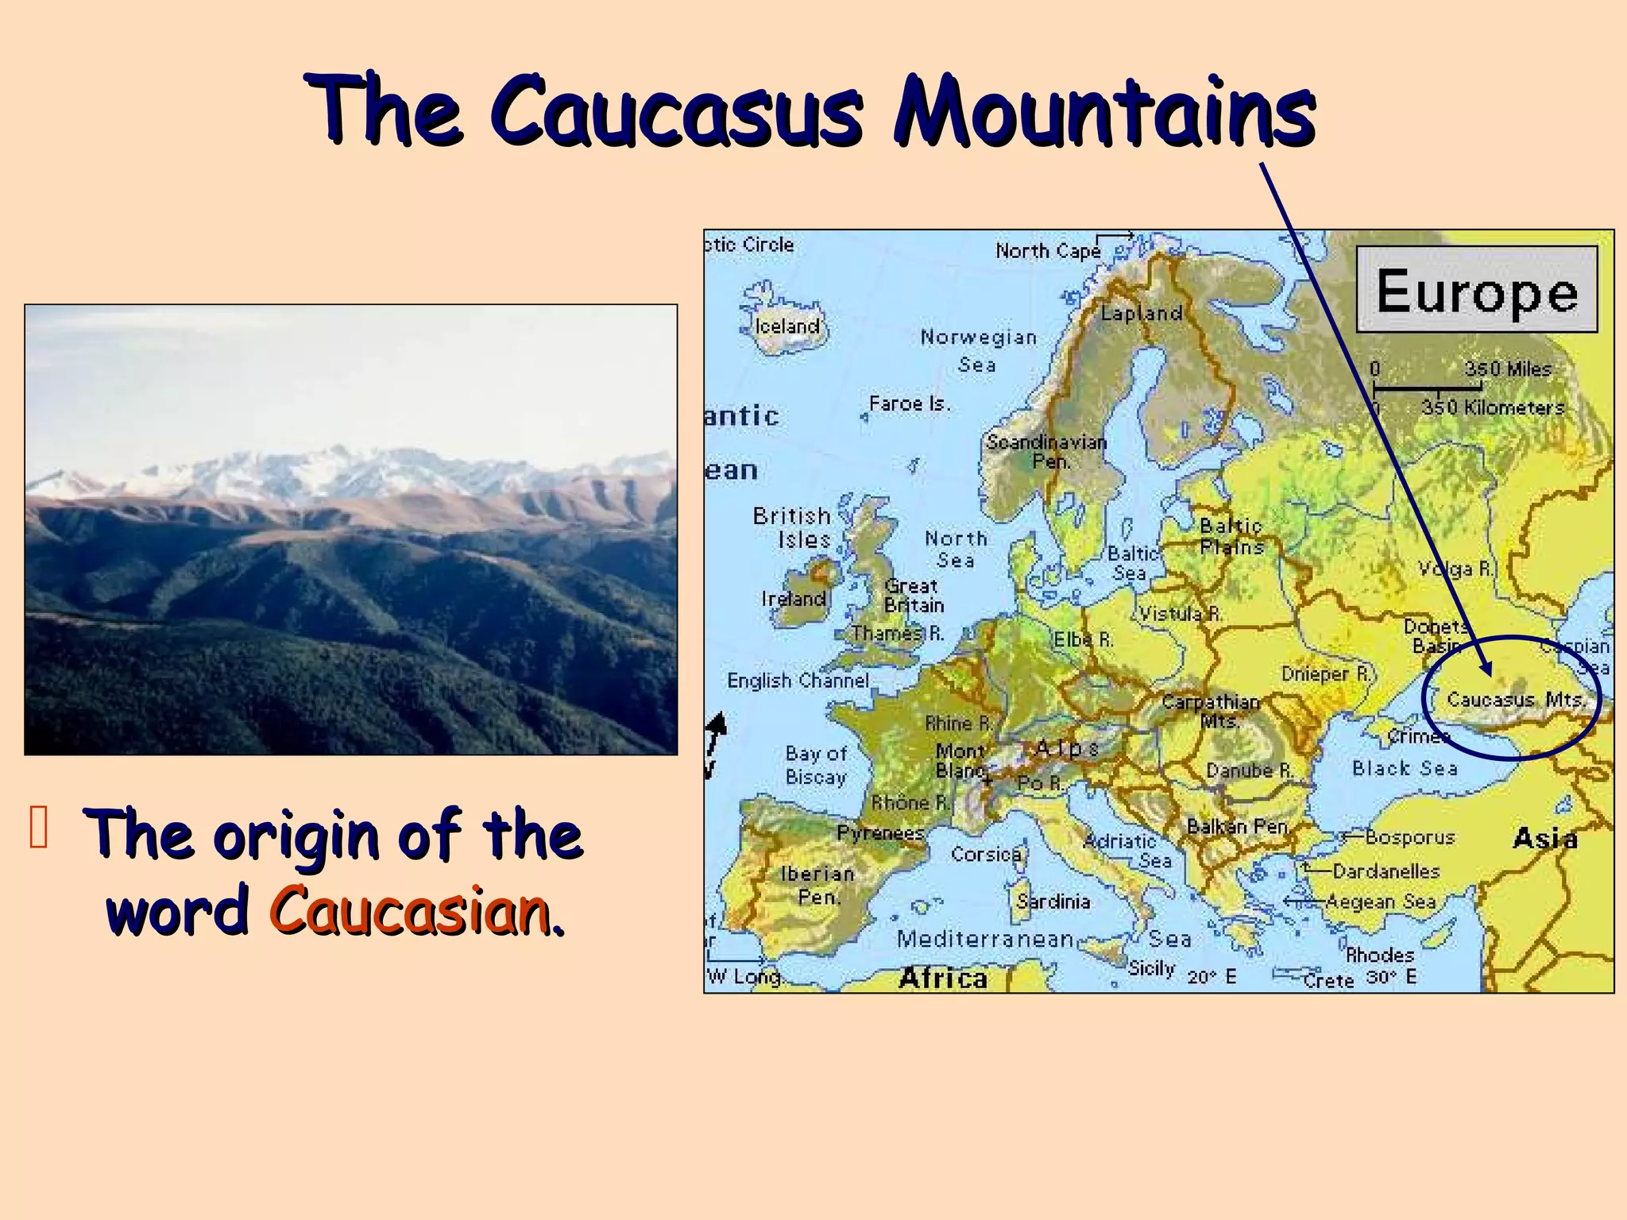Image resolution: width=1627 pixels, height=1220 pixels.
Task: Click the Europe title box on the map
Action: (x=1476, y=289)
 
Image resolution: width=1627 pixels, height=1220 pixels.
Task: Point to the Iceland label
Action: (x=787, y=326)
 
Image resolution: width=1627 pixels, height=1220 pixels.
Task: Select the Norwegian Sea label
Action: (x=979, y=350)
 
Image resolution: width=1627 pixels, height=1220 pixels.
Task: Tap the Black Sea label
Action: (x=1405, y=768)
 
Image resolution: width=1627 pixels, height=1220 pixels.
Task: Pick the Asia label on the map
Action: (x=1544, y=839)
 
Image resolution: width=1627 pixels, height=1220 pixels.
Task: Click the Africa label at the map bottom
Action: (x=943, y=978)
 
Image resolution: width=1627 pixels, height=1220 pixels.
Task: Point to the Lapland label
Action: (x=1142, y=313)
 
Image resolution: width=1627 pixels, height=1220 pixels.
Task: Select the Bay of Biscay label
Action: (x=816, y=765)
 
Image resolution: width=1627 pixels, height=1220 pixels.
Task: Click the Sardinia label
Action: (x=1053, y=901)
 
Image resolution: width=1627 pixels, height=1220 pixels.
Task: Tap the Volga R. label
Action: (x=1456, y=569)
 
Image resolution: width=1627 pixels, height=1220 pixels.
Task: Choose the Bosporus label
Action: (x=1409, y=837)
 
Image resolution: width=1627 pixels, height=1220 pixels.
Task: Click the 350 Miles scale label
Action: (x=1508, y=369)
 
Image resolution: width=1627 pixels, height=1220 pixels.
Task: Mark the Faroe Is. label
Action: (x=910, y=403)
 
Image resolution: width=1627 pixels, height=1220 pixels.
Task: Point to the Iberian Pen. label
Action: (x=817, y=885)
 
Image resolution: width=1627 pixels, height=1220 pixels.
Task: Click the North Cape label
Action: (x=1048, y=251)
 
